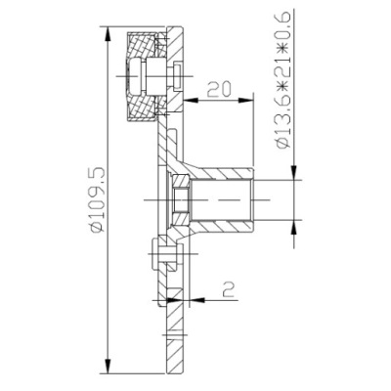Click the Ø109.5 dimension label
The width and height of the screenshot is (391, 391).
pos(98,199)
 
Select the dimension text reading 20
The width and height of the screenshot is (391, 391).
pos(219,89)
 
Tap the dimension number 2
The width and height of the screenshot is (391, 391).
pos(229,288)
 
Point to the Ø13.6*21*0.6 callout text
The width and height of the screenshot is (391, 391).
pos(282,80)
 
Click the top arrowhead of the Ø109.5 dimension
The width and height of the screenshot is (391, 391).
pos(108,33)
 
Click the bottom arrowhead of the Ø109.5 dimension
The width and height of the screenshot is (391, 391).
pos(108,367)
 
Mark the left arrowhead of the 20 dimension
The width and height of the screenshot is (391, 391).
pos(191,100)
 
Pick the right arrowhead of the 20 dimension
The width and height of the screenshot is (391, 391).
pos(246,100)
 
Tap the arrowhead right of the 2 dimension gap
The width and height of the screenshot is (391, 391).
pos(196,299)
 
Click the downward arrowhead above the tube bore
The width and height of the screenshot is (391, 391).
pos(294,172)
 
